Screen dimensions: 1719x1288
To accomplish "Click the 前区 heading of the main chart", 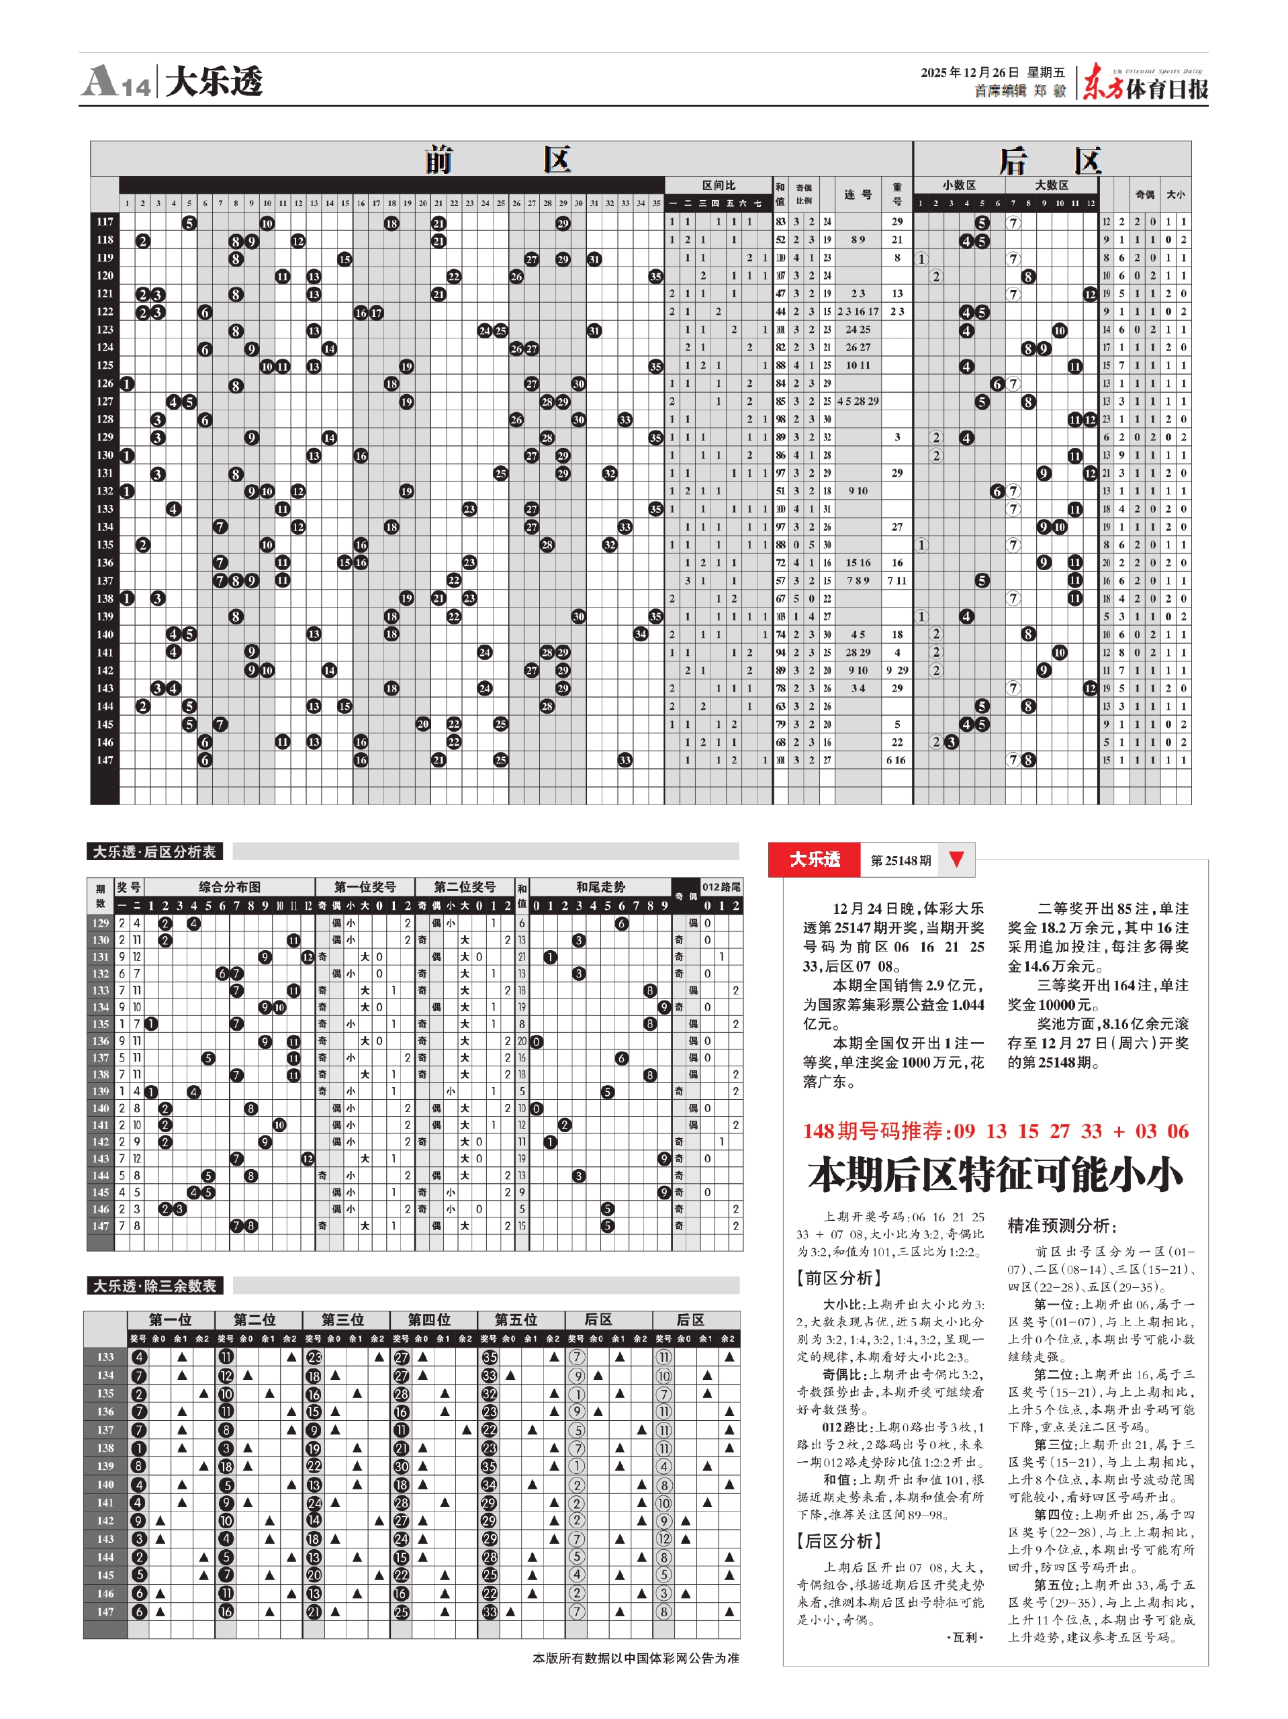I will tap(498, 159).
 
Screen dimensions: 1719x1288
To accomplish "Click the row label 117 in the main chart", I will tap(105, 222).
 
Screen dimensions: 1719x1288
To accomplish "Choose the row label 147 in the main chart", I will tap(105, 760).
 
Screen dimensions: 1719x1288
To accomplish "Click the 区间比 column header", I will tap(719, 185).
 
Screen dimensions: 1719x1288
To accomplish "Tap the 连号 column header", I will tap(858, 194).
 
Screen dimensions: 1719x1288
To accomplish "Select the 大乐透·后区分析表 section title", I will tap(154, 851).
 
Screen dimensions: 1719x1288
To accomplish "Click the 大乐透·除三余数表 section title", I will tap(154, 1286).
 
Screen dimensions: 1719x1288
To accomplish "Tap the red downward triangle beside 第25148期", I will tap(957, 859).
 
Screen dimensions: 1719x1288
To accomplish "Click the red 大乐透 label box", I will tap(815, 859).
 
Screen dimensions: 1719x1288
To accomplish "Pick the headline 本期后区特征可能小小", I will tap(995, 1174).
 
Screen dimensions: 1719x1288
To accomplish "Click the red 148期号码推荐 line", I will tap(995, 1131).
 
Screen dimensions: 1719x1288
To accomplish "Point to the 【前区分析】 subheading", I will tap(839, 1278).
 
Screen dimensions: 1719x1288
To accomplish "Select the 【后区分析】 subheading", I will tap(839, 1540).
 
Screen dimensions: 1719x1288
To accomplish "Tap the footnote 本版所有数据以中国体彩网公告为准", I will tap(635, 1658).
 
